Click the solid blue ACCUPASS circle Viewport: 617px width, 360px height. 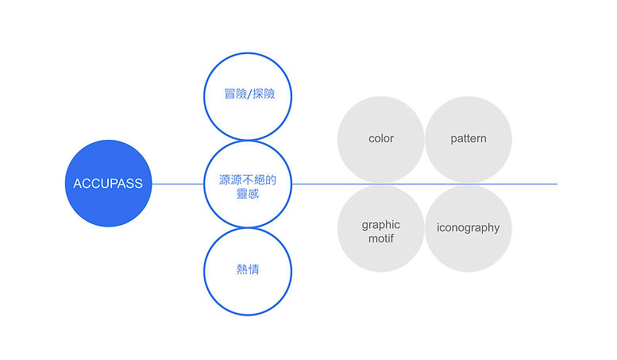click(108, 183)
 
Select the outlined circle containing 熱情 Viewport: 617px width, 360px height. click(205, 272)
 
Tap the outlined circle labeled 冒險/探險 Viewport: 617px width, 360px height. click(205, 96)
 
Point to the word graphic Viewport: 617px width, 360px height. click(381, 225)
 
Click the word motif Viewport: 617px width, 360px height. click(381, 238)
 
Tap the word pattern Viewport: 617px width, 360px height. click(469, 138)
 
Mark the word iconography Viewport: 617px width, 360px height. click(469, 228)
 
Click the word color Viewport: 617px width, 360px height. click(381, 138)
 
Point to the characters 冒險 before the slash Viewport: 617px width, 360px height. click(236, 94)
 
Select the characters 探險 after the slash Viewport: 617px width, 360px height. click(264, 94)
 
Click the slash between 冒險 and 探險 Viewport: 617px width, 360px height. click(250, 94)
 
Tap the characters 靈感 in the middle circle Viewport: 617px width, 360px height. click(248, 193)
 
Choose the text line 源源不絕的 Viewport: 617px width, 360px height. click(248, 180)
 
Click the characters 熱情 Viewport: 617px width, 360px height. click(248, 269)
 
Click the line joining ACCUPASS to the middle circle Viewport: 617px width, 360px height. click(178, 184)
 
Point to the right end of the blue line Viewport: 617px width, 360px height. click(557, 184)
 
